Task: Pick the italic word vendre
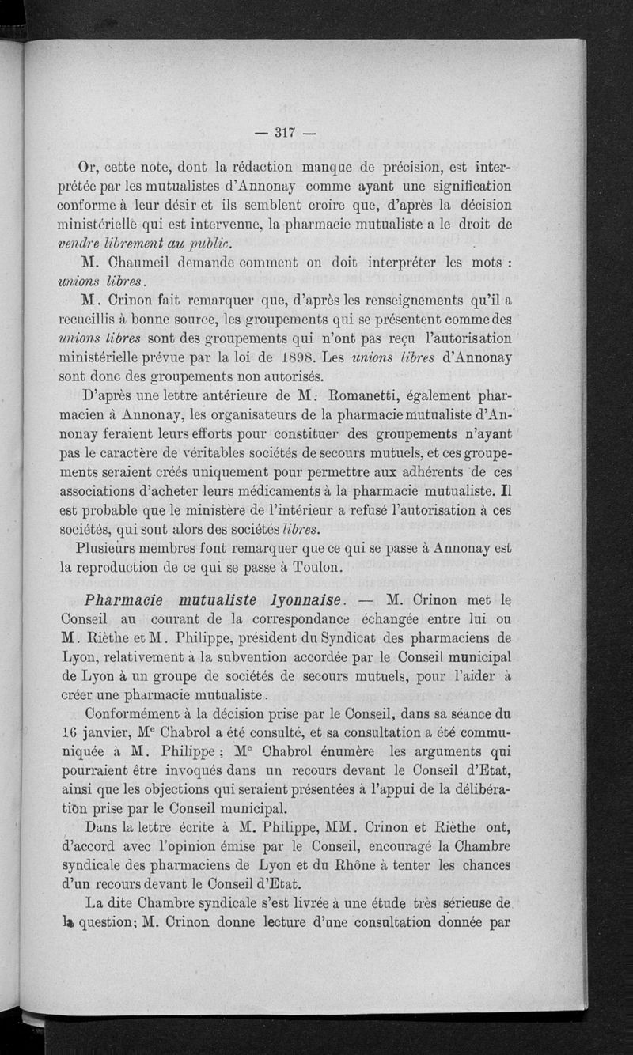point(83,244)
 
